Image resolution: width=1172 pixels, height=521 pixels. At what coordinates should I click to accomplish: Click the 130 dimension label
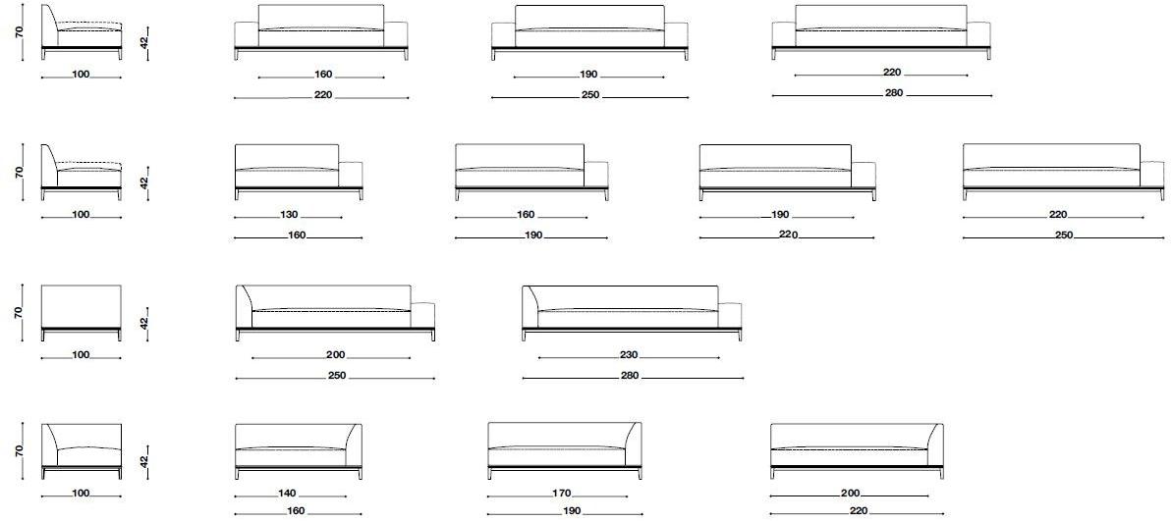coord(289,215)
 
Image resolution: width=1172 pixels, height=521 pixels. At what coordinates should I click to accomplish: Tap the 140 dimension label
coord(287,494)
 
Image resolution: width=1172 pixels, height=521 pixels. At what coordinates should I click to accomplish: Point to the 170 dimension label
coord(562,494)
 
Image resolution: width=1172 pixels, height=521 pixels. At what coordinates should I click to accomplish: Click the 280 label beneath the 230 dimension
coord(630,376)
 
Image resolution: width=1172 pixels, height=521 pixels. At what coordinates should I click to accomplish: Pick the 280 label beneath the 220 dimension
coord(894,93)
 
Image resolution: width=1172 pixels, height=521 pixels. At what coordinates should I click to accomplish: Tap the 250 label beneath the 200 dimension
coord(336,376)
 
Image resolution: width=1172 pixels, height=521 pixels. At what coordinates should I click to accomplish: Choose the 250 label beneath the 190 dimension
coord(590,95)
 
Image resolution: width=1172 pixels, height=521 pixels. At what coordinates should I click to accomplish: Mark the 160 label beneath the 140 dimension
coord(296,512)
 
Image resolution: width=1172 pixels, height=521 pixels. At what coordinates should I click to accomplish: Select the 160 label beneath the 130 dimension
coord(297,235)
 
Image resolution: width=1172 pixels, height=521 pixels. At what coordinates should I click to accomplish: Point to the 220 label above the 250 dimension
coord(1058,215)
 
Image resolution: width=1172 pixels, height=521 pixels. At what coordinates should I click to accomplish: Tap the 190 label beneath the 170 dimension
coord(571,512)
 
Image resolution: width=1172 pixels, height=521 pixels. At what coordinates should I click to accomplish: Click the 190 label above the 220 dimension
coord(780,215)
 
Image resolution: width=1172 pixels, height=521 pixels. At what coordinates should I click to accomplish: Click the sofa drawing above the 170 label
coord(564,450)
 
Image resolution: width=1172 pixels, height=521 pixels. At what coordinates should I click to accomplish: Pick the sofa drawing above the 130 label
coord(299,173)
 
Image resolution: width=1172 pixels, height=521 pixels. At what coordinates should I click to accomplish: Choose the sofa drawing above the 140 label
coord(299,451)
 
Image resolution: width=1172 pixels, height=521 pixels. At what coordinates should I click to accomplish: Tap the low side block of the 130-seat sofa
coord(351,176)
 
